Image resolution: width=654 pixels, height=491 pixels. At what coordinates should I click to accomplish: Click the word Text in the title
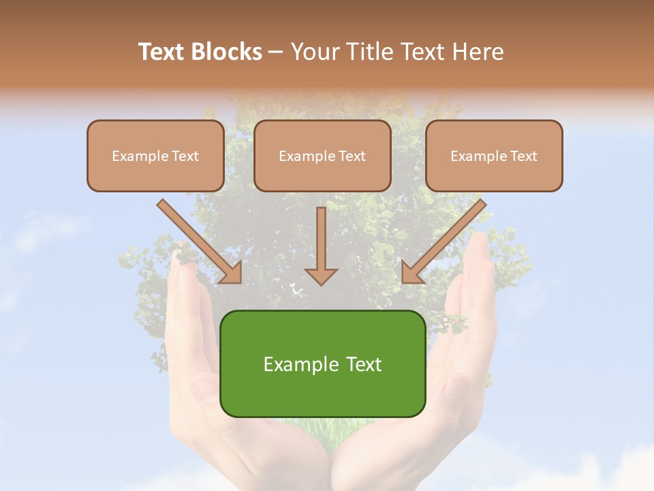click(x=162, y=52)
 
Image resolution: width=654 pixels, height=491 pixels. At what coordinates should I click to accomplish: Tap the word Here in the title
click(x=478, y=52)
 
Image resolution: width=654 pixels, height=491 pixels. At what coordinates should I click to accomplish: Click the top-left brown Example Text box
click(x=155, y=156)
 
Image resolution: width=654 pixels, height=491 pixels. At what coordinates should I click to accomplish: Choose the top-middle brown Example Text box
click(x=322, y=156)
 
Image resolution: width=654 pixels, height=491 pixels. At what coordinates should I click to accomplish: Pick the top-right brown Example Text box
click(x=494, y=156)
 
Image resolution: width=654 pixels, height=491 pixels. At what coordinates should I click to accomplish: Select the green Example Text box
click(x=323, y=363)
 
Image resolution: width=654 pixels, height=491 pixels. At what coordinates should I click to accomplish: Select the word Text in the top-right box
click(x=523, y=156)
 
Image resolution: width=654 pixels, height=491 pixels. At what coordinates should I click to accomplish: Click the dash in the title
click(x=276, y=53)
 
